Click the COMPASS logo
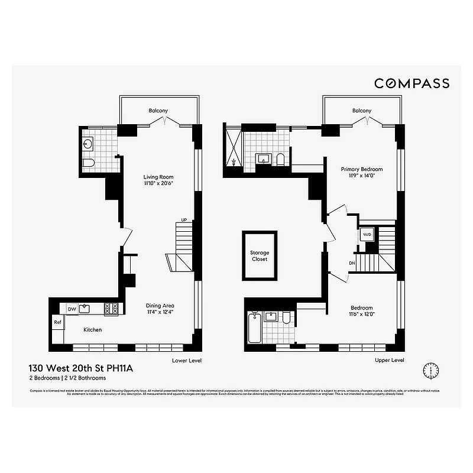(412, 83)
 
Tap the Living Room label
(158, 177)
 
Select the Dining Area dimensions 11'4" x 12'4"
(160, 312)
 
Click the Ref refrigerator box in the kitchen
(58, 322)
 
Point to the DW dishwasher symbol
(72, 309)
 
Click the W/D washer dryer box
(366, 234)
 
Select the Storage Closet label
(259, 256)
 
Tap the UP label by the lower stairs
(184, 220)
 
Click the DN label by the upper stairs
(352, 263)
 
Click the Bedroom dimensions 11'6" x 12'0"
(361, 315)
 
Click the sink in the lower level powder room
(89, 144)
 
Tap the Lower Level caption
(187, 359)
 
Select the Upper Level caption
(389, 359)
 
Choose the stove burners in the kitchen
(111, 308)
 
